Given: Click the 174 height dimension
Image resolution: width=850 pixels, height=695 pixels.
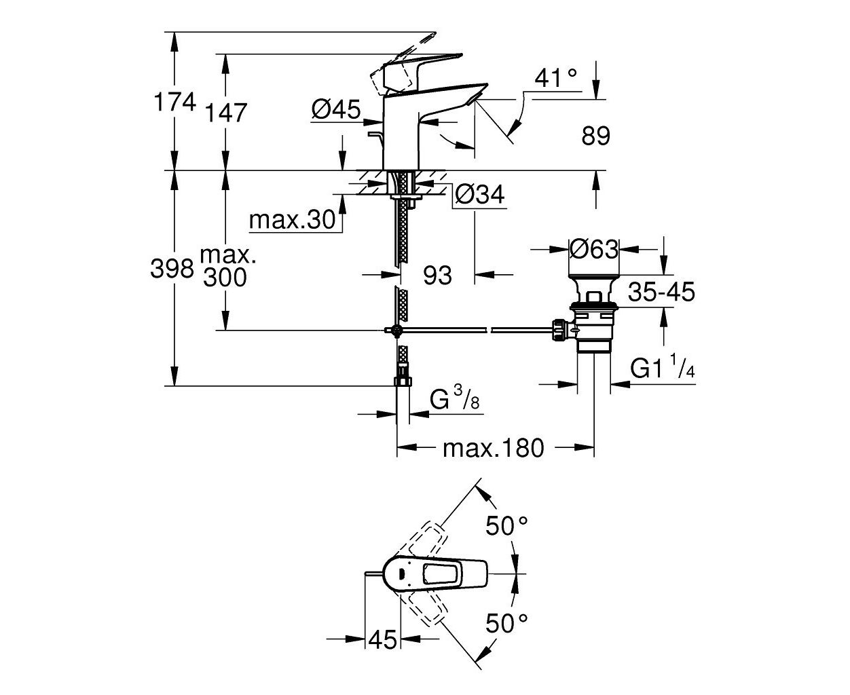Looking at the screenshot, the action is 175,102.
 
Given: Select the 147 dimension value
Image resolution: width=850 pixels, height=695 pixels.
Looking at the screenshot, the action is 225,113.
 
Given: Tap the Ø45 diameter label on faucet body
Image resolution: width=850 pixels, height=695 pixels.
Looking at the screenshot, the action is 336,109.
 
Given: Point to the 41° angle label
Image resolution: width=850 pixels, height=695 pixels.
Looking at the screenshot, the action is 556,77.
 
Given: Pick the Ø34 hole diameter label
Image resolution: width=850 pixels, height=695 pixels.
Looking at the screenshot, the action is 479,195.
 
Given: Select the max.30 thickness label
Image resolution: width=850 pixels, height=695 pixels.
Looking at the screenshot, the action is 292,220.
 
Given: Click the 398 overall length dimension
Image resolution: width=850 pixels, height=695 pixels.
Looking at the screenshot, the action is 172,268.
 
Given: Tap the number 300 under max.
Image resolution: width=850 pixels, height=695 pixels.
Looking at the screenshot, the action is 225,277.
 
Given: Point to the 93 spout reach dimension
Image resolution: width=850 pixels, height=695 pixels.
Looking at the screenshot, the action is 437,275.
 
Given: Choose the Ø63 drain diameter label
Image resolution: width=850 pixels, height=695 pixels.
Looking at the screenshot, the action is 593,249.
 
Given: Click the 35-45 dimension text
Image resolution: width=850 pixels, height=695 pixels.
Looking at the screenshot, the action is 661,291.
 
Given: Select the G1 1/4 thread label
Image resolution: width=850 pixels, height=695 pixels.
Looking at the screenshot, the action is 663,366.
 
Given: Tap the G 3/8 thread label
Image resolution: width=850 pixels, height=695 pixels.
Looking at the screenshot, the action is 455,397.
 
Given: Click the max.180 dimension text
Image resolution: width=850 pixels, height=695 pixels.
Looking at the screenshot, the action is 494,448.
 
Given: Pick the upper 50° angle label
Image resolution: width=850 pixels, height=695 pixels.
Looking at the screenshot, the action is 506,525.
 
